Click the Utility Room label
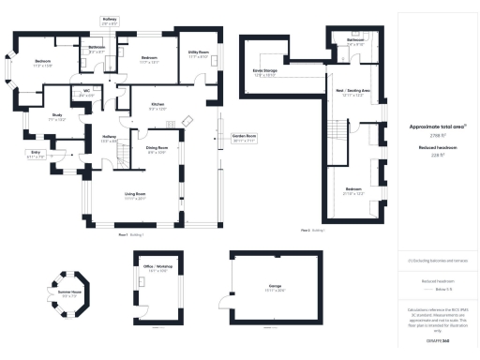point(198,55)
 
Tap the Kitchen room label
point(157,106)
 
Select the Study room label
point(55,118)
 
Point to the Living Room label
point(136,196)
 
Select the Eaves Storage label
point(263,72)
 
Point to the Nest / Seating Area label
point(353,92)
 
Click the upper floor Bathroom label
point(355,41)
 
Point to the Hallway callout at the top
point(110,20)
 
